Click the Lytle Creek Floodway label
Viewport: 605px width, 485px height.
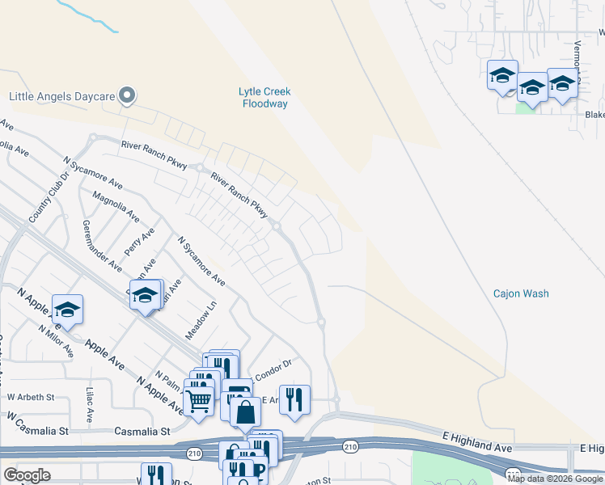click(x=265, y=98)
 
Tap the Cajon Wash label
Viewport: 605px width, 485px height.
click(x=521, y=293)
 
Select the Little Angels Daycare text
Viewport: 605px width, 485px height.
click(x=62, y=96)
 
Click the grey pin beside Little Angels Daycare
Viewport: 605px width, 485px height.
click(x=127, y=96)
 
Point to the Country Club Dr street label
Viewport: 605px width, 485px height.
click(x=44, y=201)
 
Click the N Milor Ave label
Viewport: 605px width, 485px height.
click(x=56, y=342)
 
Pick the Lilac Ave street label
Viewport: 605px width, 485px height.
click(x=89, y=405)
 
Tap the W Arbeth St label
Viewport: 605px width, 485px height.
click(x=31, y=397)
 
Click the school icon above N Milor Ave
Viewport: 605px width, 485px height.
click(x=68, y=309)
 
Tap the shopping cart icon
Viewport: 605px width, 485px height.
click(x=198, y=399)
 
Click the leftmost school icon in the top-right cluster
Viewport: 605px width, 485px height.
click(x=502, y=75)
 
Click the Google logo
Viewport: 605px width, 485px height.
click(x=27, y=475)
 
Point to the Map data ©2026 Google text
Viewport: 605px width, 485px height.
click(x=556, y=479)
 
